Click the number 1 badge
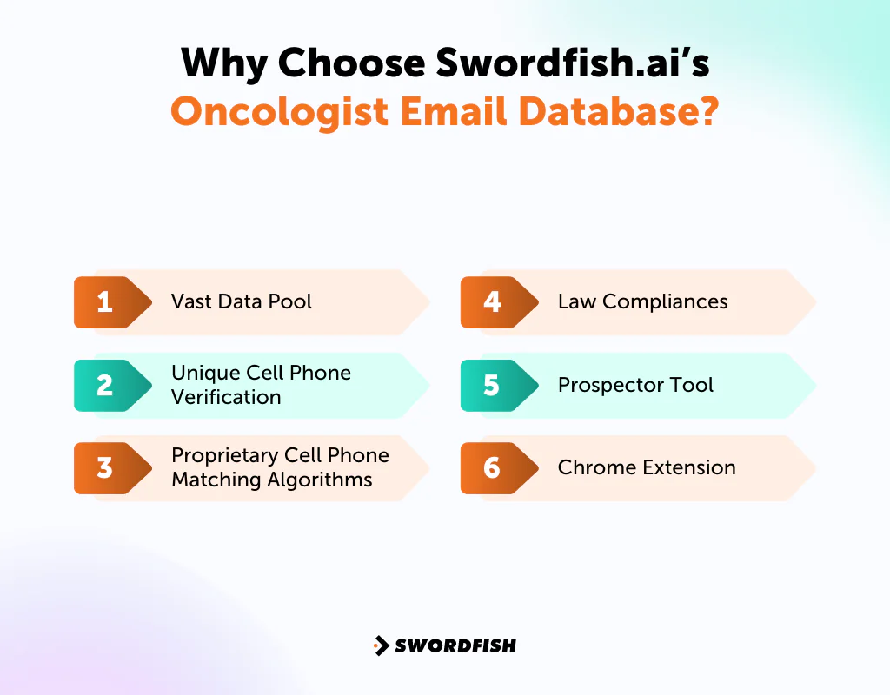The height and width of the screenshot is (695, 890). pyautogui.click(x=105, y=302)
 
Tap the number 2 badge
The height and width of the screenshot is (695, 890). pyautogui.click(x=105, y=385)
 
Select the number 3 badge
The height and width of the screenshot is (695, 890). pyautogui.click(x=105, y=467)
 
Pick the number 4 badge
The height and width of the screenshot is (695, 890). pyautogui.click(x=492, y=302)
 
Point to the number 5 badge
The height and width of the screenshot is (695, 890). pyautogui.click(x=492, y=385)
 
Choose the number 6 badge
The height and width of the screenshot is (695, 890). pyautogui.click(x=492, y=467)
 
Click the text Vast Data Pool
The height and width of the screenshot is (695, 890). pyautogui.click(x=242, y=302)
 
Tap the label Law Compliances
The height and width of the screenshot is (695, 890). pyautogui.click(x=642, y=302)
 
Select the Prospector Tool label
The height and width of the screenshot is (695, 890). pyautogui.click(x=635, y=385)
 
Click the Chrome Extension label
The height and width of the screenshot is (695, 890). pyautogui.click(x=647, y=467)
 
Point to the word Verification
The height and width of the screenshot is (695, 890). pyautogui.click(x=226, y=397)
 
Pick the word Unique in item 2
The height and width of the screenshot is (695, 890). pyautogui.click(x=204, y=373)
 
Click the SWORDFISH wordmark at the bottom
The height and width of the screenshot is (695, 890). pyautogui.click(x=455, y=645)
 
